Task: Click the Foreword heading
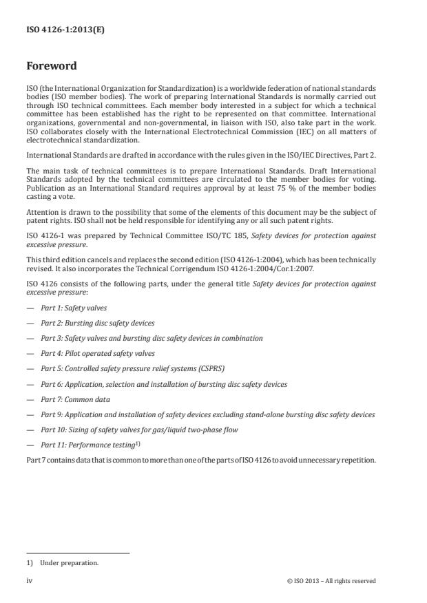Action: click(52, 67)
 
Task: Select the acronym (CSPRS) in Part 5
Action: click(210, 369)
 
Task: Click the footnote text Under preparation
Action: click(60, 562)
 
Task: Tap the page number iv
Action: click(29, 581)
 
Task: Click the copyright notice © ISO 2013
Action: click(331, 581)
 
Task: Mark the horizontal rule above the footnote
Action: click(78, 552)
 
